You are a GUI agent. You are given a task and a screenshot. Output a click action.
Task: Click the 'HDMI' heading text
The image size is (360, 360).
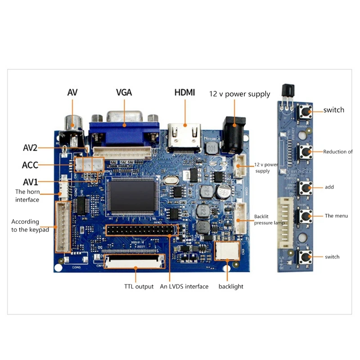[x=184, y=93]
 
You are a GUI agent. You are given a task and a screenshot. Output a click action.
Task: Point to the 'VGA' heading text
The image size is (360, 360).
[x=124, y=93]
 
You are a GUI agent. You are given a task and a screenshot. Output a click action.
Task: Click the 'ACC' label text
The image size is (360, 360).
[x=30, y=165]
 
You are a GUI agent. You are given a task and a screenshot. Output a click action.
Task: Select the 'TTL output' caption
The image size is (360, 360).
[x=139, y=287]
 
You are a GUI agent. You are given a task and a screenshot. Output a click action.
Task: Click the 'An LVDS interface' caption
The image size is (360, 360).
[x=184, y=287]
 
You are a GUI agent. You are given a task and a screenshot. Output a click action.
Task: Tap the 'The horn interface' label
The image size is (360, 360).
[x=27, y=195]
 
